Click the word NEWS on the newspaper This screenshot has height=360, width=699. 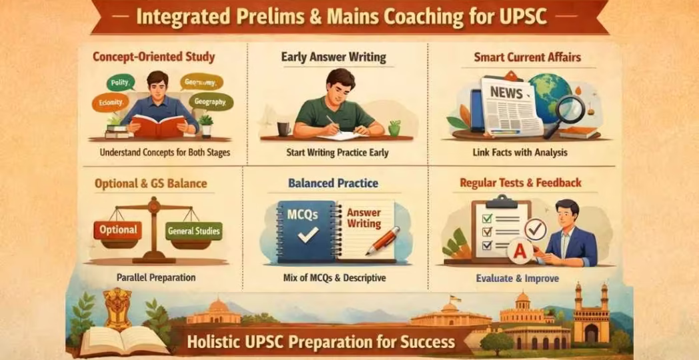click(506, 93)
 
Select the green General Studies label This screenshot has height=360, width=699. click(194, 231)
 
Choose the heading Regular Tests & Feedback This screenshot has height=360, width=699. click(520, 183)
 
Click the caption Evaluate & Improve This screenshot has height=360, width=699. click(518, 278)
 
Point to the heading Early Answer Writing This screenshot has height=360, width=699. click(333, 57)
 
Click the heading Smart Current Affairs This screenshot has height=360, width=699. click(527, 57)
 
